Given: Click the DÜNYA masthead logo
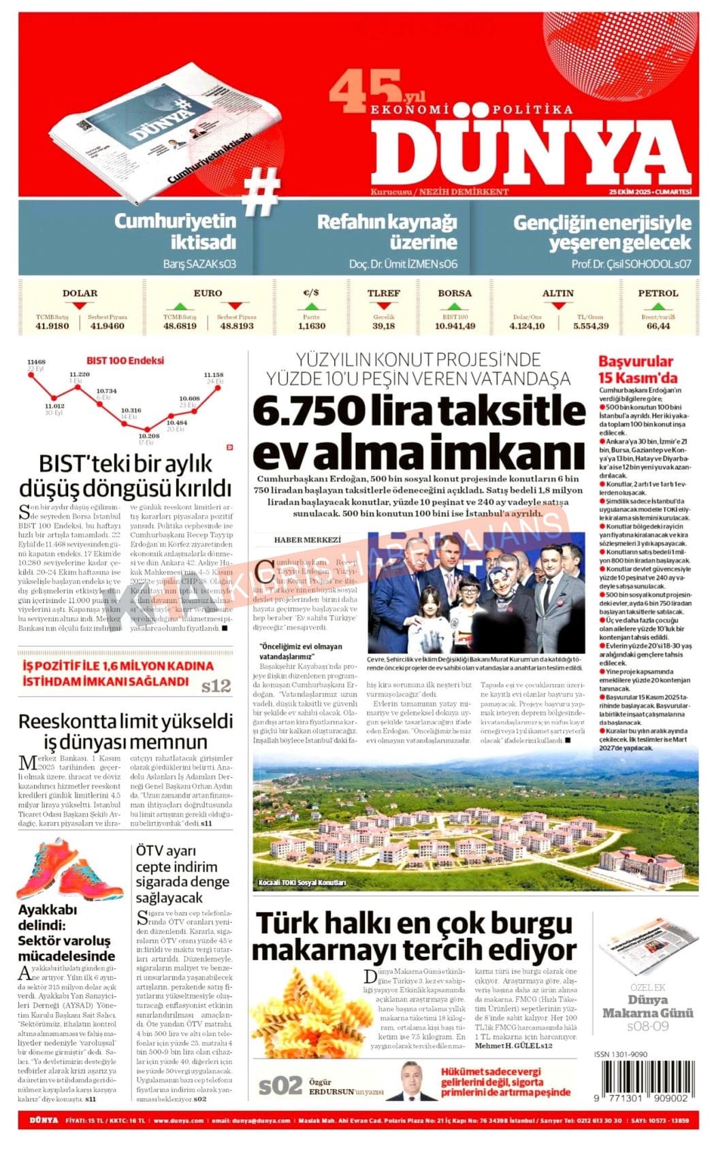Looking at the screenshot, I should [x=531, y=150].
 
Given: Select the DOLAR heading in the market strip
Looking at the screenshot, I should [x=80, y=293].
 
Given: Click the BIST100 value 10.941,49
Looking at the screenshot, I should [x=455, y=326].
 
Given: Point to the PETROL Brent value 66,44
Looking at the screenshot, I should [x=658, y=326].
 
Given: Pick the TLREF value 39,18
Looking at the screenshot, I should [x=383, y=326].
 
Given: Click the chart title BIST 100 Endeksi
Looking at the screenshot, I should [x=125, y=361].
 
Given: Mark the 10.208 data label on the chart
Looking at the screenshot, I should [x=148, y=436].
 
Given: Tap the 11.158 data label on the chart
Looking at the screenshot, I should [x=213, y=375].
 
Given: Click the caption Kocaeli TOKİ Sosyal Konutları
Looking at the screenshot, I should [x=302, y=883].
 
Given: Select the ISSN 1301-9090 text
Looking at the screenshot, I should [x=620, y=1054].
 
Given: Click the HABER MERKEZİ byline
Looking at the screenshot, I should [x=307, y=540].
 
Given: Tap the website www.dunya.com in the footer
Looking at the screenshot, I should [x=178, y=1120].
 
